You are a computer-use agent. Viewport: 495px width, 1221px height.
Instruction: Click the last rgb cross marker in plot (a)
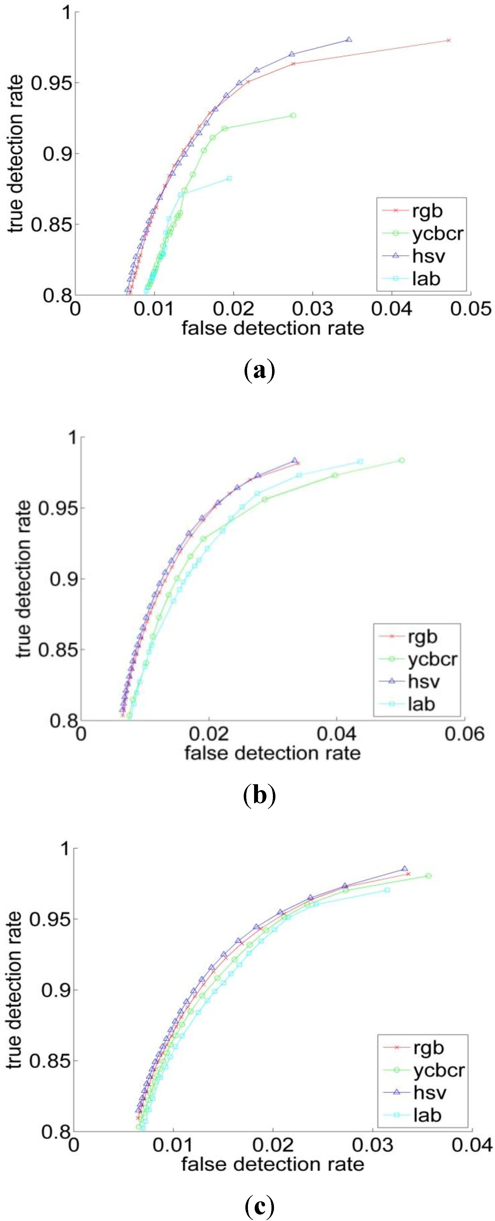click(448, 40)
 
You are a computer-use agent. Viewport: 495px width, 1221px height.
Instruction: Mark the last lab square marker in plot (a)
click(229, 178)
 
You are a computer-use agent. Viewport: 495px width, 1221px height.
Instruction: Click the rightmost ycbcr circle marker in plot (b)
click(402, 460)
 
